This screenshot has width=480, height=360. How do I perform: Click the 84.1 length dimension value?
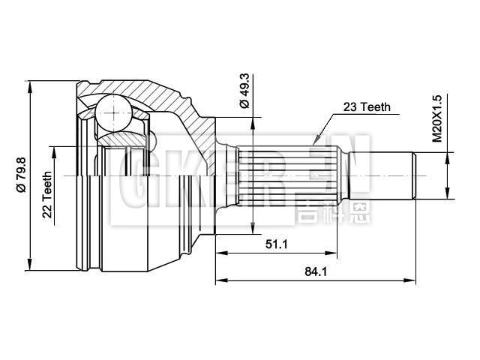coord(316,271)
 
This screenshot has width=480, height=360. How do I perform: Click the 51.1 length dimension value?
coord(275,243)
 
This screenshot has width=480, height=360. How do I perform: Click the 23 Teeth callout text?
coord(367,107)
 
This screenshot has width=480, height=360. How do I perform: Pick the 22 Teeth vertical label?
coord(46,194)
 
